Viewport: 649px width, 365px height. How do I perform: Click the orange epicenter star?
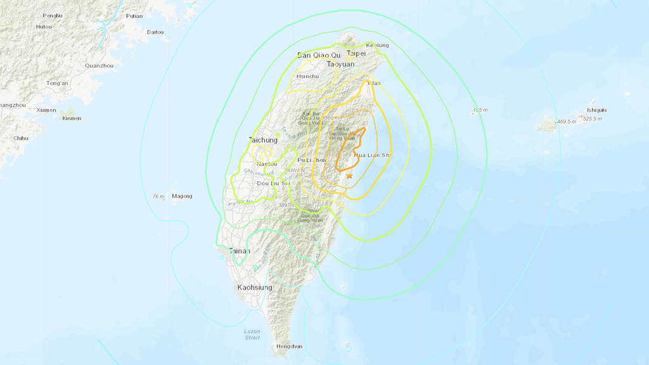coord(349,176)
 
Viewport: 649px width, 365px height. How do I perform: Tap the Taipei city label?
coord(356,54)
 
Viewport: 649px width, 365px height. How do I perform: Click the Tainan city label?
coord(240,251)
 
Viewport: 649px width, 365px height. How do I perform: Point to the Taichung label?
coord(263,140)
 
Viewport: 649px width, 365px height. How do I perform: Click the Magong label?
coord(182,196)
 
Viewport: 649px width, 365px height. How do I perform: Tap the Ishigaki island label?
coord(596,110)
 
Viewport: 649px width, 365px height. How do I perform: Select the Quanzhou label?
coord(99,65)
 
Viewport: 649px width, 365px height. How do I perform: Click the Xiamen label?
coord(46,110)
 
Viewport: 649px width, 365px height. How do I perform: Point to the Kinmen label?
coord(72,118)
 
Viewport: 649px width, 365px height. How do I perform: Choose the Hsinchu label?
coord(307,76)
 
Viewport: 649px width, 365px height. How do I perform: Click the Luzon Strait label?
coord(252,335)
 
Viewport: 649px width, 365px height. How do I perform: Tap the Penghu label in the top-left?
coord(53,15)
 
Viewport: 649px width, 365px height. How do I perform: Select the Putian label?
coord(134,16)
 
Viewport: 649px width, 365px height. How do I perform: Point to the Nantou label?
coord(266,164)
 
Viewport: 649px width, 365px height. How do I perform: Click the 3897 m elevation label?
coord(288,205)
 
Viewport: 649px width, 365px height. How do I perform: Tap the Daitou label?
coord(155,32)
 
